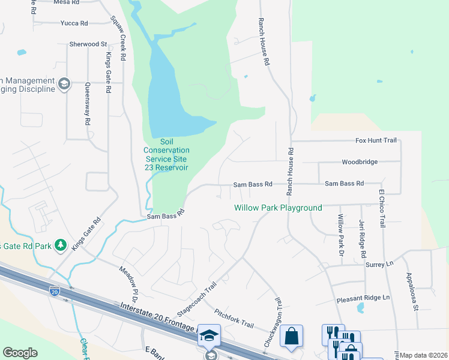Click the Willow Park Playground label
[x=278, y=208]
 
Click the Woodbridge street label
[x=360, y=162]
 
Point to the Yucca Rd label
[x=74, y=23]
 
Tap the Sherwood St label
[x=88, y=44]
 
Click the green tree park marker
[x=60, y=245]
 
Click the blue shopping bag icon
[x=291, y=337]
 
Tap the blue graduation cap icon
[x=209, y=336]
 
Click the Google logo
[x=20, y=353]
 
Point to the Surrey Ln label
[x=378, y=264]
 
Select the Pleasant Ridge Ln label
[x=363, y=298]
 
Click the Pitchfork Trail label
[x=234, y=318]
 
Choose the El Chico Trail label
[x=381, y=208]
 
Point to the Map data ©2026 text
[x=423, y=355]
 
